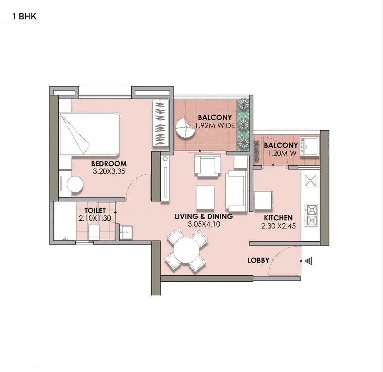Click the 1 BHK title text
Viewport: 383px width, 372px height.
coord(24,16)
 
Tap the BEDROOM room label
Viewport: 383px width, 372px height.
coord(109,163)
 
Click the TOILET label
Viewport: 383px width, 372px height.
coord(95,211)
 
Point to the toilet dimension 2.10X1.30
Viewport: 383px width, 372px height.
coord(95,218)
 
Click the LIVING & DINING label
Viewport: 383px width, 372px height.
coord(204,216)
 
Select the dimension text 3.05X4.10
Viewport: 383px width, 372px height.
coord(204,224)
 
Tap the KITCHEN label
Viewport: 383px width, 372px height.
coord(278,218)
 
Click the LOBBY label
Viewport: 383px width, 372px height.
coord(258,260)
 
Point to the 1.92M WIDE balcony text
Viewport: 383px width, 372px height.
coord(215,125)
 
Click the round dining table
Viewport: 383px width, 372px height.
coord(186,251)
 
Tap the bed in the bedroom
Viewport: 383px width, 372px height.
coord(89,134)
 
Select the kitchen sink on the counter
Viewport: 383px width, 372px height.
coord(310,180)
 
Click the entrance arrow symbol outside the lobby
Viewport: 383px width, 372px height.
coord(308,261)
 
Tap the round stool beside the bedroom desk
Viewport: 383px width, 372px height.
coord(75,184)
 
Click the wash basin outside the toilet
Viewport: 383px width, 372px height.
coord(126,233)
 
